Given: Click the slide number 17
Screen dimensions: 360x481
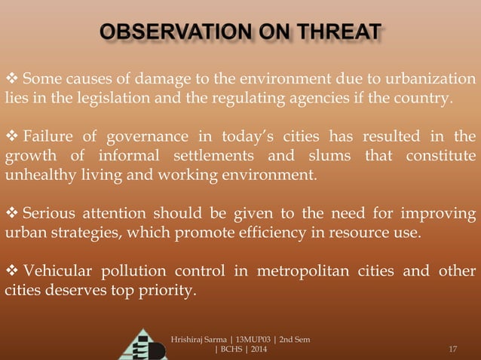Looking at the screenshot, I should pyautogui.click(x=453, y=348).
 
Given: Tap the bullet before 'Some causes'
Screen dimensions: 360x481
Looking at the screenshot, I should pyautogui.click(x=12, y=80).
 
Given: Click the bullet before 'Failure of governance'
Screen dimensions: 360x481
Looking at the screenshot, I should pyautogui.click(x=12, y=137).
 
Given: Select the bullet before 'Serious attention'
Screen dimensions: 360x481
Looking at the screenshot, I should pyautogui.click(x=12, y=213).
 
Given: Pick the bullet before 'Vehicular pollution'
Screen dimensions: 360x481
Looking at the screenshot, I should pyautogui.click(x=12, y=270).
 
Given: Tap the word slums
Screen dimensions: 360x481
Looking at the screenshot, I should pyautogui.click(x=325, y=156).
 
